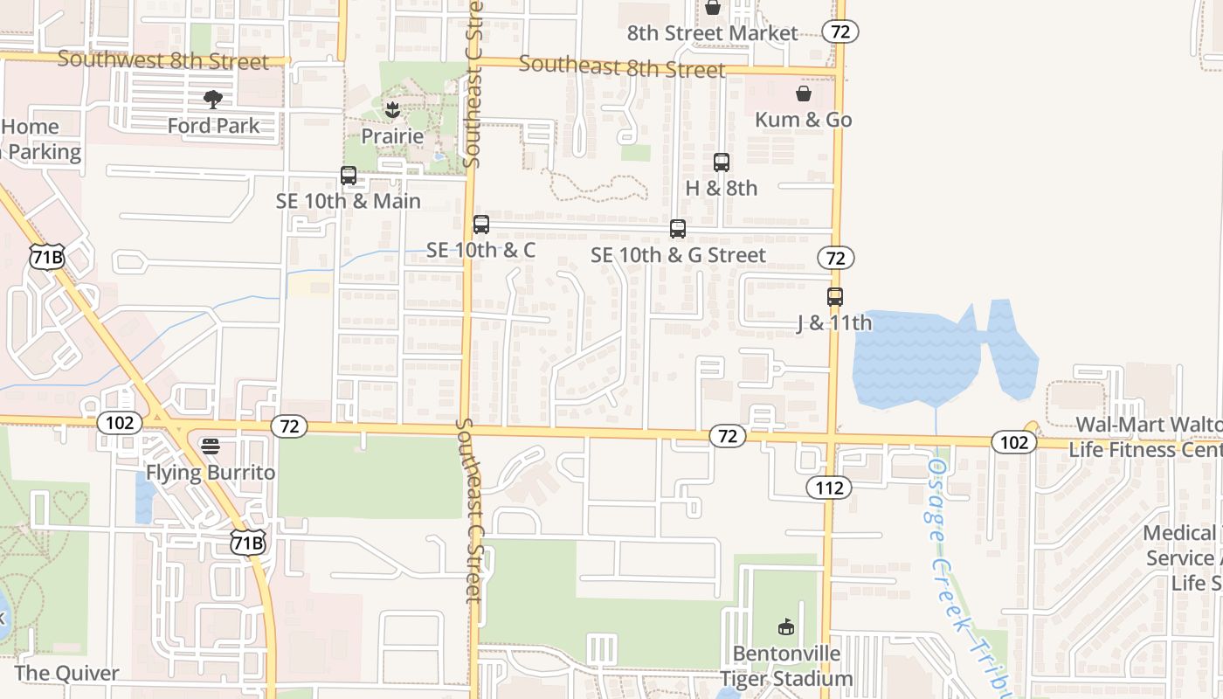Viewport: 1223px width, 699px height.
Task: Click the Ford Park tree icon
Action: point(212,100)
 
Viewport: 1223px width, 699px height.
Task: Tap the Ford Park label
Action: point(214,126)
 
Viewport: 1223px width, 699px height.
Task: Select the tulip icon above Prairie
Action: point(391,110)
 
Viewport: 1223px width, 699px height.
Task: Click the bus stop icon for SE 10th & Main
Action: point(349,176)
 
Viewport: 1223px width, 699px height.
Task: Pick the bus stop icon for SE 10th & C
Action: point(481,225)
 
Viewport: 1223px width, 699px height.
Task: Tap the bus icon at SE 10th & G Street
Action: point(678,229)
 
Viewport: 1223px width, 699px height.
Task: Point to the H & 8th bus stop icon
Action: point(722,163)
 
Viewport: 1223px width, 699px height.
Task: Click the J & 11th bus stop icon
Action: point(835,297)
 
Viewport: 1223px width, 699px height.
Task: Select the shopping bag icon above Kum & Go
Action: point(804,93)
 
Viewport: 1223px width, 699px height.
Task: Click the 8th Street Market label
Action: point(713,34)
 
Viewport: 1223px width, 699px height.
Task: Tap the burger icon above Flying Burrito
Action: point(211,446)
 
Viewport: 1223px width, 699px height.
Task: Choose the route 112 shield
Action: point(828,488)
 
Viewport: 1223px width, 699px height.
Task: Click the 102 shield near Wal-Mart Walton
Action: point(1013,442)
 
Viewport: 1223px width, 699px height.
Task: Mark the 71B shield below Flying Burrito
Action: point(247,543)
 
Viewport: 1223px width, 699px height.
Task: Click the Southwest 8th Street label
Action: point(163,61)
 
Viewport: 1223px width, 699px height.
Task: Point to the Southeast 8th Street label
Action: point(622,66)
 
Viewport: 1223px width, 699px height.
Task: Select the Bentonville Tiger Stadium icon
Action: point(786,627)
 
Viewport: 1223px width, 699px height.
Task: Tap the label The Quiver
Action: point(67,674)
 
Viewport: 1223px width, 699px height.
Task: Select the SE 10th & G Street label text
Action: point(678,255)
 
